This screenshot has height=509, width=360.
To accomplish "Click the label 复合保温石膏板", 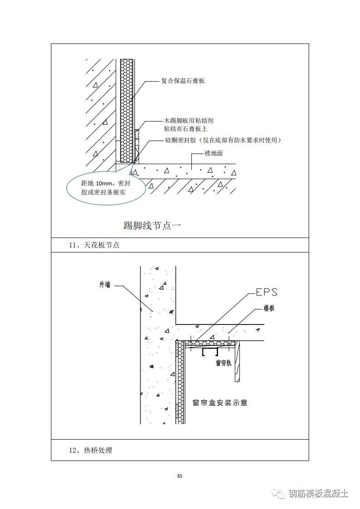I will (x=183, y=81).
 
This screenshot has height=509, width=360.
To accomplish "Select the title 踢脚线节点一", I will (x=152, y=225).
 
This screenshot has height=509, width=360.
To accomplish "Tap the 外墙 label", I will (x=105, y=285).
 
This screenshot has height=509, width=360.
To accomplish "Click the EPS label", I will (x=266, y=292).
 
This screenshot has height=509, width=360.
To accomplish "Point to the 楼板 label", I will (x=269, y=308).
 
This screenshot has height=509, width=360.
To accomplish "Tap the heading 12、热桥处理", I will (x=90, y=450).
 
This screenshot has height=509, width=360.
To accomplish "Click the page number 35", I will (x=180, y=476).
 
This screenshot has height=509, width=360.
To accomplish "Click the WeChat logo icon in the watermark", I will (x=282, y=494).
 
